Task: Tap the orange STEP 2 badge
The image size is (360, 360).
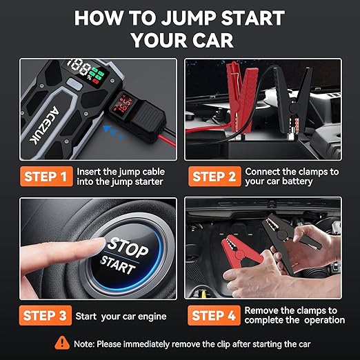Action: coord(214,176)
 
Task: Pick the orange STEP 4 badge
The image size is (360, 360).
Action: coord(214,316)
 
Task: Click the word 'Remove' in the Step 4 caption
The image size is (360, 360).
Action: coord(260,310)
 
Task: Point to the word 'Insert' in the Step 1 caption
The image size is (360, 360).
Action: coord(90,170)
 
